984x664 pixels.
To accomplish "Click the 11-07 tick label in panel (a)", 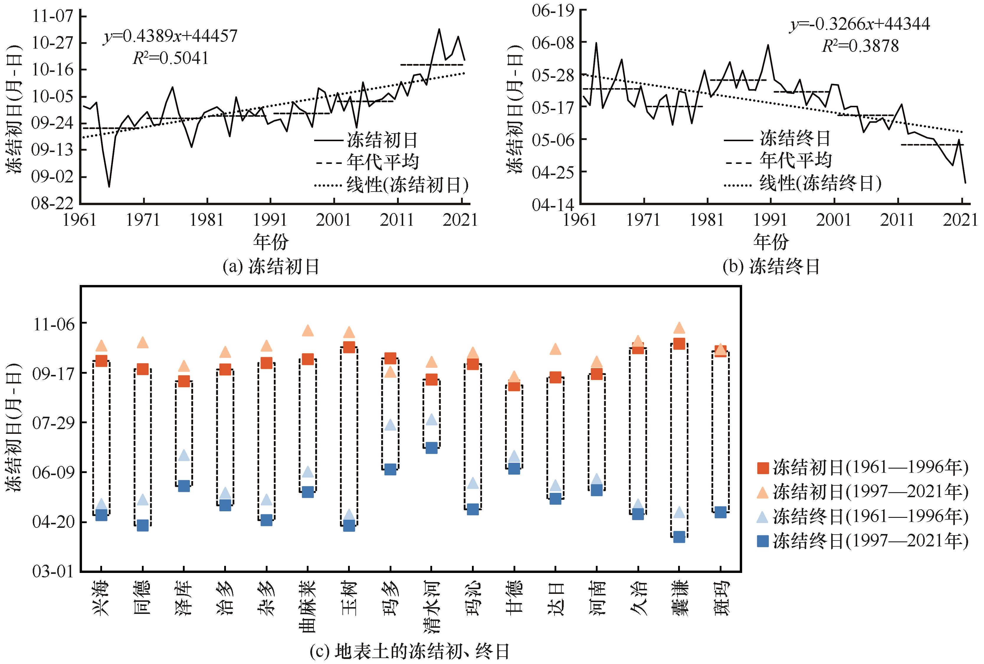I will point(53,16).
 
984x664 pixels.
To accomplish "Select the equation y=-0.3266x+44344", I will point(860,24).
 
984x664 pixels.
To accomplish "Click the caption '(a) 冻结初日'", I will point(271,267).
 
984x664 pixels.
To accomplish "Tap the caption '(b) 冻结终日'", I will point(771,267).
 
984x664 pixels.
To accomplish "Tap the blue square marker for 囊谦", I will point(679,537).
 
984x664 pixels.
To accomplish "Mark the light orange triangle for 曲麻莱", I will point(308,330).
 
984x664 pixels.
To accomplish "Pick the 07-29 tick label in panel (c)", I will point(53,423).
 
